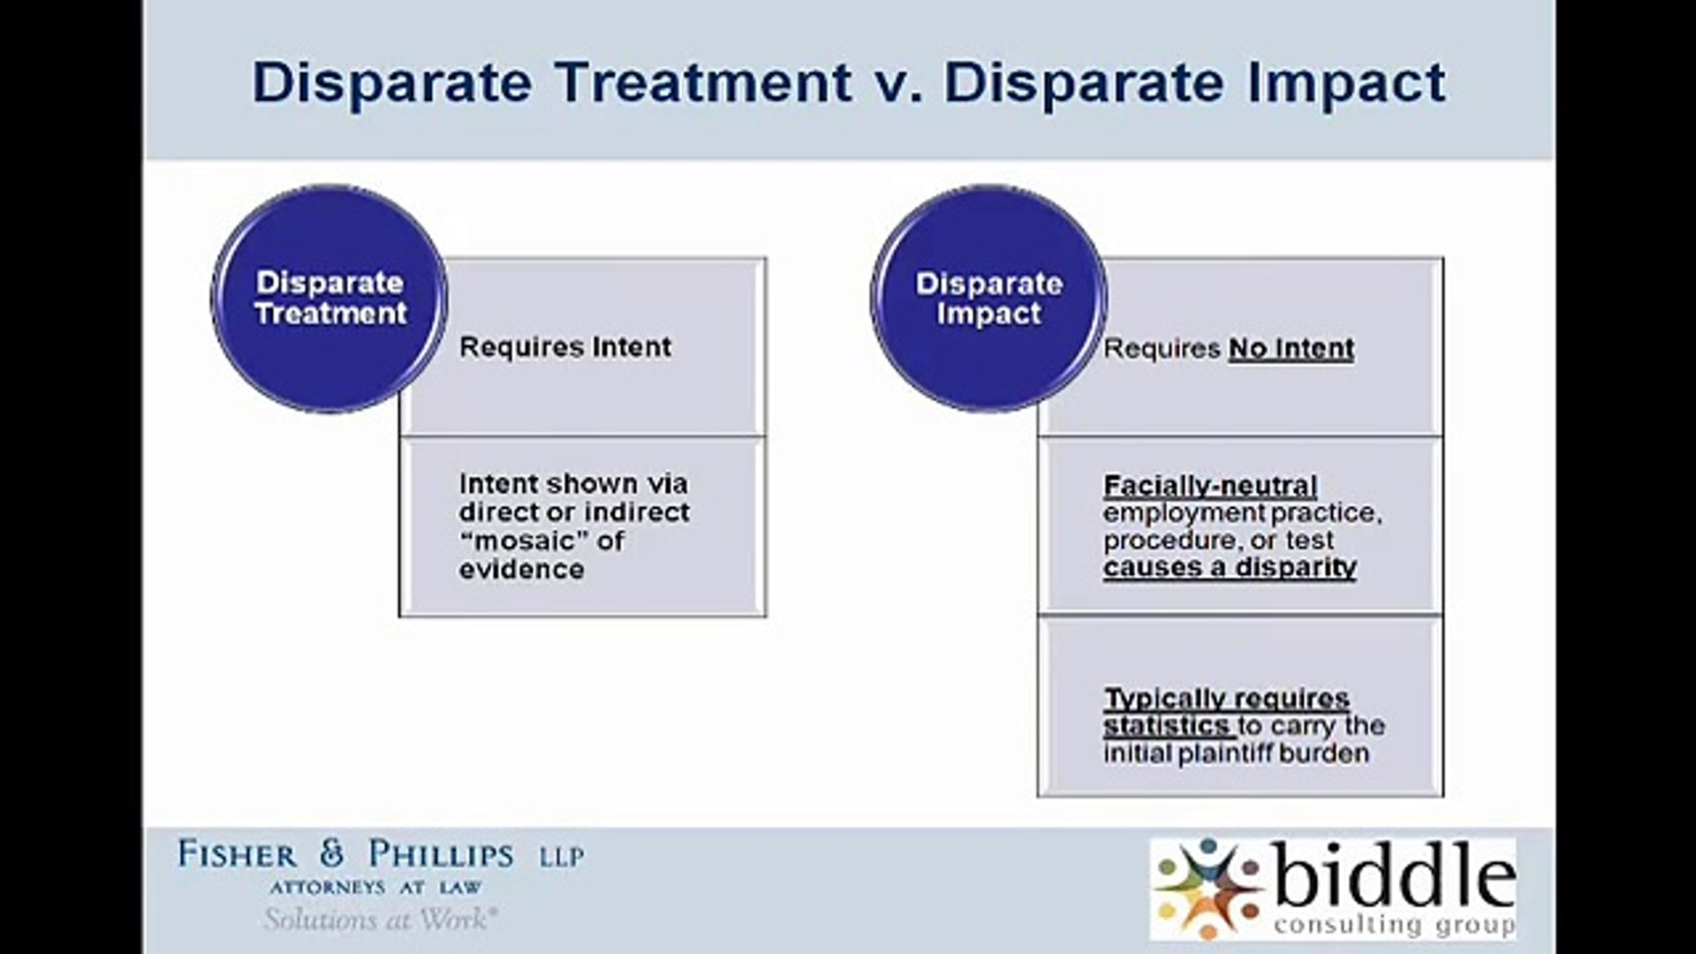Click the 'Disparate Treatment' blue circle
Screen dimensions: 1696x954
[x=329, y=299]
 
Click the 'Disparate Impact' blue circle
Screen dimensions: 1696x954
[x=989, y=299]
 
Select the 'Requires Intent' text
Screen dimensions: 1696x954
[x=565, y=347]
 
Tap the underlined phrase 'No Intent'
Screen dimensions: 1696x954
[x=1291, y=349]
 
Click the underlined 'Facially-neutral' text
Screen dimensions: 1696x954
[x=1210, y=486]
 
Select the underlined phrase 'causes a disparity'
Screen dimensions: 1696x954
[x=1230, y=567]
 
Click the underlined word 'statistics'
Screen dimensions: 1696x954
[x=1166, y=726]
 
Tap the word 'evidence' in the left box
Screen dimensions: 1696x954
[x=521, y=570]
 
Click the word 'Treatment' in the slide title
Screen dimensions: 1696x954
[x=704, y=83]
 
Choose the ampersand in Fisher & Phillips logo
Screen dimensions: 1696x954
[x=331, y=852]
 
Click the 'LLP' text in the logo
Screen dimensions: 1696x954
[x=562, y=856]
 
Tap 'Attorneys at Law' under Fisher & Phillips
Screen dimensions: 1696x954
[x=376, y=887]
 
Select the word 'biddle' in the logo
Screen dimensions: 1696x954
[x=1394, y=877]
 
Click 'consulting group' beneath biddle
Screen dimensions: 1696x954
[x=1394, y=924]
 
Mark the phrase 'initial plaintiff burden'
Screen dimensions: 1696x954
[x=1236, y=753]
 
